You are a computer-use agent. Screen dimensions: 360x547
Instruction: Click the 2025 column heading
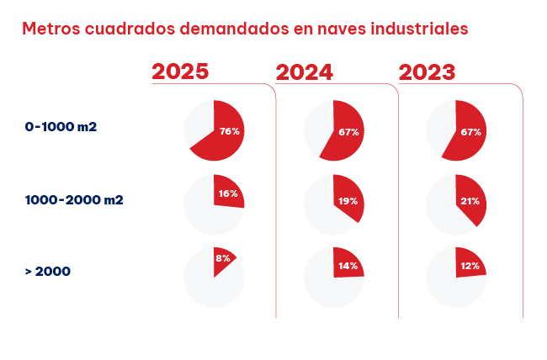pos(180,71)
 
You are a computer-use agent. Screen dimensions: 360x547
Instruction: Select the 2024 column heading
pos(304,71)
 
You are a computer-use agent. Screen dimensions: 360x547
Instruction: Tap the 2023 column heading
pos(427,71)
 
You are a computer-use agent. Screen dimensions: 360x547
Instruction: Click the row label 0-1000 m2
pos(61,127)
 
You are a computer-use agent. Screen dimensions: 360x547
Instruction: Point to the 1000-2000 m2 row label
pos(73,199)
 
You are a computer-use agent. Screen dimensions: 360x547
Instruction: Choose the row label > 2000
pos(48,271)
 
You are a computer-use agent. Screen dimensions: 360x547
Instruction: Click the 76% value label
pos(230,131)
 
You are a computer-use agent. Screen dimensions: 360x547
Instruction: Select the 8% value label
pos(223,259)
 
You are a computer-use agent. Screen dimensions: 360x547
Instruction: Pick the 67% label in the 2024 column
pos(349,132)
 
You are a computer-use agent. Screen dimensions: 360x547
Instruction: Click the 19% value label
pos(348,202)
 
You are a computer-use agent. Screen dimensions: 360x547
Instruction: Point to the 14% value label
pos(348,266)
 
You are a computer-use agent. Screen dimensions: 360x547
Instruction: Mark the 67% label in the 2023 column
pos(470,132)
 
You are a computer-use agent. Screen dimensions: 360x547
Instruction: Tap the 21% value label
pos(470,202)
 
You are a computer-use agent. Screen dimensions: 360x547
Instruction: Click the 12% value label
pos(470,266)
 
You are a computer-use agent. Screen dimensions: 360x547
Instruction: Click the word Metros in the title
pos(51,29)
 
